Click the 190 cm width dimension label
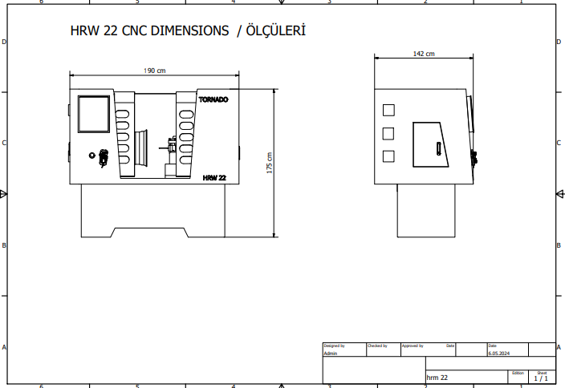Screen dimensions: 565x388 coord(155,71)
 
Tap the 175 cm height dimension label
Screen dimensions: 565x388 coord(270,163)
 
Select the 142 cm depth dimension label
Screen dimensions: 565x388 coord(424,54)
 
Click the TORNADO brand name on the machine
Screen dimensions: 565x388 coord(213,99)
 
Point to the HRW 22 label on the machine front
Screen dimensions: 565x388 coord(214,178)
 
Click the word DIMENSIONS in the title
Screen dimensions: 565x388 coord(189,30)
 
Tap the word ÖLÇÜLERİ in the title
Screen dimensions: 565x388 coord(275,30)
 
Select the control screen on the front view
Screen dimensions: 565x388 coord(94,114)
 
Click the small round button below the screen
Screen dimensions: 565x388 coord(91,156)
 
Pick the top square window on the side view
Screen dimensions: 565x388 coord(388,110)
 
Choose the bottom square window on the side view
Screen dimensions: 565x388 coord(388,156)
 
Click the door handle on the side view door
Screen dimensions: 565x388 coord(438,148)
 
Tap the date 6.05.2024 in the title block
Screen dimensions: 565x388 coord(499,353)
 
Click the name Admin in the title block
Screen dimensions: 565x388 coord(331,353)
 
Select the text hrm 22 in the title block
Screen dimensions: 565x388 coord(437,378)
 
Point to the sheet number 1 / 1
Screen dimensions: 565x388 coord(541,378)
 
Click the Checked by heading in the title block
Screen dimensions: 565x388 coord(377,346)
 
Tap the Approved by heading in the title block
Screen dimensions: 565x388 coord(413,346)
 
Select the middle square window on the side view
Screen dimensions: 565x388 coord(388,134)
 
